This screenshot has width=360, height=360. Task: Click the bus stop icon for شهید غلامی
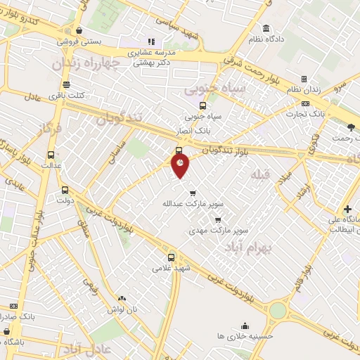tap(172, 257)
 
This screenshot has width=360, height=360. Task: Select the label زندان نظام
tap(304, 89)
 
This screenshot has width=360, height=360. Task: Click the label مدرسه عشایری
tap(155, 53)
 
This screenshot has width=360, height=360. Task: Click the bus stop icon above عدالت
tap(51, 154)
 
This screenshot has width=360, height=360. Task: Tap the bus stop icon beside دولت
tap(65, 190)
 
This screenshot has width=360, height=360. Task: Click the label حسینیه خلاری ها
tap(245, 336)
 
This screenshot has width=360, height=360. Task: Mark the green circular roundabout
tap(278, 310)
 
